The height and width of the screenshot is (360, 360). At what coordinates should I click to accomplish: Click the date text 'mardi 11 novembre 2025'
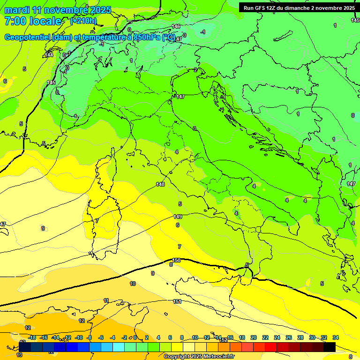click(x=58, y=10)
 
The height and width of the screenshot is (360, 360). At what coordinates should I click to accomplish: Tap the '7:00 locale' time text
click(x=33, y=21)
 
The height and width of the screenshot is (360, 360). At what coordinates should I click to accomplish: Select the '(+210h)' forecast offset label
click(x=83, y=21)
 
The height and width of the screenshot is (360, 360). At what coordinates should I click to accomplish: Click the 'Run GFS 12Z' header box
click(x=299, y=8)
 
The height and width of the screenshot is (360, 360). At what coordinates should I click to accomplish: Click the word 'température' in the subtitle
click(x=106, y=37)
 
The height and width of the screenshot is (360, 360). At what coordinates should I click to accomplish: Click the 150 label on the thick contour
click(x=176, y=260)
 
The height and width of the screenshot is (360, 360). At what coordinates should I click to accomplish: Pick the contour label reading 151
click(x=177, y=301)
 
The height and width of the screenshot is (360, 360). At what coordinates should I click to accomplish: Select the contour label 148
click(x=160, y=184)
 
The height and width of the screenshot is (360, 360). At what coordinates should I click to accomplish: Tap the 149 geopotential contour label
click(x=178, y=217)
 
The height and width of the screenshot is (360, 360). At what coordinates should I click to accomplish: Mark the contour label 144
click(x=49, y=55)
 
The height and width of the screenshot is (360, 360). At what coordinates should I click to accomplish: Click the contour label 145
click(x=51, y=82)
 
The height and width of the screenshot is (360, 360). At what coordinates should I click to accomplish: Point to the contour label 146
click(x=176, y=26)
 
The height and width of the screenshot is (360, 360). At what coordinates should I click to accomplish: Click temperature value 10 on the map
click(x=133, y=284)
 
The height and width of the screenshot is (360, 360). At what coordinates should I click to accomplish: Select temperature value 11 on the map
click(x=106, y=300)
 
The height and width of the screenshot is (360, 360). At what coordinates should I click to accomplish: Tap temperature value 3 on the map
click(x=195, y=128)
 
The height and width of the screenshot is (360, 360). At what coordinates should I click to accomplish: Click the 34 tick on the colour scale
click(x=335, y=337)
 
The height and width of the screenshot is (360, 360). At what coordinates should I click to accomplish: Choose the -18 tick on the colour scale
click(x=32, y=337)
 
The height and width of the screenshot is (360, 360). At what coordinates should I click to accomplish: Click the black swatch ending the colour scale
click(x=330, y=347)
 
